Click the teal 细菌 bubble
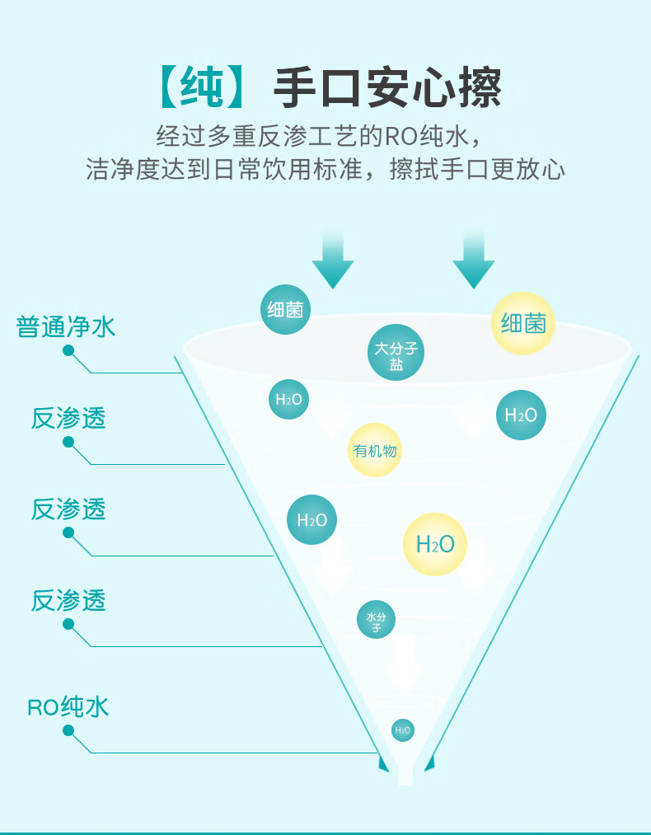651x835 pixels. (286, 309)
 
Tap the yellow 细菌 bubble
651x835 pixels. (523, 322)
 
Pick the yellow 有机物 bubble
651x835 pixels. (375, 450)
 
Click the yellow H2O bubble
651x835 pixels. (435, 544)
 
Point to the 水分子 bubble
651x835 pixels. (376, 619)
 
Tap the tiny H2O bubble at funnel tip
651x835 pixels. (402, 729)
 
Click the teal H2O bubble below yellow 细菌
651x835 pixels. (521, 415)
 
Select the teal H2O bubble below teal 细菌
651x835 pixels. (288, 399)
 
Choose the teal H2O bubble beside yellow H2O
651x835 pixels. (311, 519)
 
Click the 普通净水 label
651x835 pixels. (66, 326)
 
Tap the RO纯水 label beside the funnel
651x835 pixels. (68, 706)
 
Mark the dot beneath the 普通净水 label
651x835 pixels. (68, 350)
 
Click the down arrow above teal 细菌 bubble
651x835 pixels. (332, 259)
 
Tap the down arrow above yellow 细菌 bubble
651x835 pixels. (473, 259)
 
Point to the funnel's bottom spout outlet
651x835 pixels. (405, 775)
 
